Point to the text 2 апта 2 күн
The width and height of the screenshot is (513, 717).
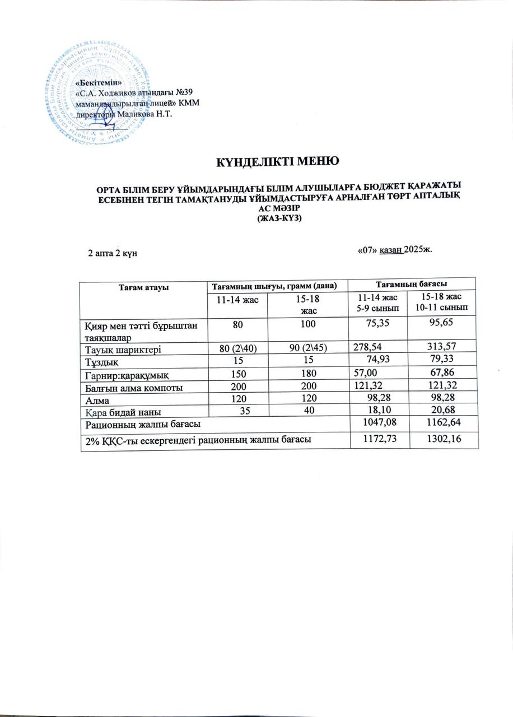pos(113,253)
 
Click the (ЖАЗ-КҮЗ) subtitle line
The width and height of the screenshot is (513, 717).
pos(278,219)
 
